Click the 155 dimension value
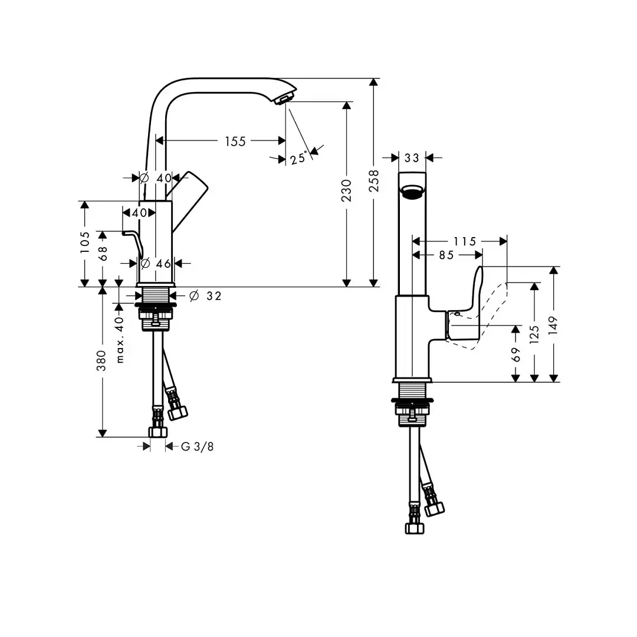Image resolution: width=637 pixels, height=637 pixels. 235,142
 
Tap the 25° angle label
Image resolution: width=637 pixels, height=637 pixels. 298,157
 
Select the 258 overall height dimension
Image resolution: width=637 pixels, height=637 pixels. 373,181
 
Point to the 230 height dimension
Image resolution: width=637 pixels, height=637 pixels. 346,191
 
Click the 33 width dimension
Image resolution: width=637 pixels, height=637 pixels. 412,157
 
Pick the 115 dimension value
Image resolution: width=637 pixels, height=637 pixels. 464,242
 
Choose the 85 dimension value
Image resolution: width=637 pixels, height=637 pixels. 446,255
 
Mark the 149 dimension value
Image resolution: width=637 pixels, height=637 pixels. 553,326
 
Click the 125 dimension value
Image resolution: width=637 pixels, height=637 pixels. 534,334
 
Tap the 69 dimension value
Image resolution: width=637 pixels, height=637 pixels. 515,354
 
